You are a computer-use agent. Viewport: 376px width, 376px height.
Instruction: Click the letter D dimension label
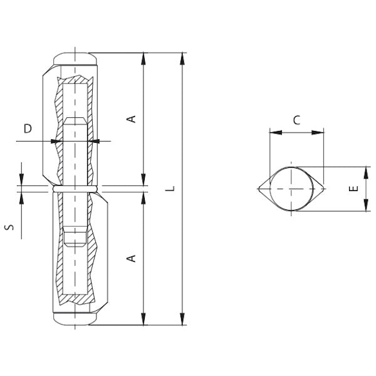pyautogui.click(x=28, y=128)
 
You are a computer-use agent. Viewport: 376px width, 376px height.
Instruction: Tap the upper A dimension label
pyautogui.click(x=132, y=119)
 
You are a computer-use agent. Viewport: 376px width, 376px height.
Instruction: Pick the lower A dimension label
pyautogui.click(x=132, y=258)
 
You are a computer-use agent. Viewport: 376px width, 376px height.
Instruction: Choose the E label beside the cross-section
pyautogui.click(x=353, y=189)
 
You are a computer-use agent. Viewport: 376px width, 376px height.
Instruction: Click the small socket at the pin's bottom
pyautogui.click(x=75, y=238)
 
